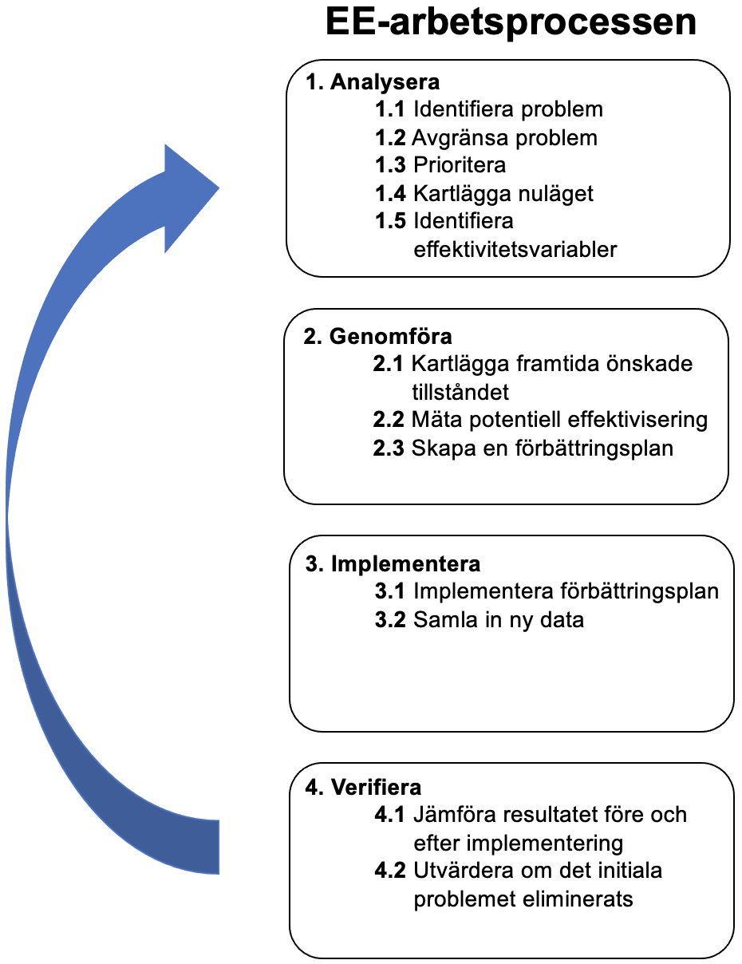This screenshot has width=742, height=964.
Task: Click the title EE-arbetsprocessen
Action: (511, 22)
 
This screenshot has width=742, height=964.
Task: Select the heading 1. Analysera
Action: (373, 82)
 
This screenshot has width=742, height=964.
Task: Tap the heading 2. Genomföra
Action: (377, 336)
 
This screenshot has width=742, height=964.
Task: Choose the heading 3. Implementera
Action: (393, 564)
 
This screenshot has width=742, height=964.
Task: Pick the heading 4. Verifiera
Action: (364, 788)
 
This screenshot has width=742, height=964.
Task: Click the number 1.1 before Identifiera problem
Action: (390, 109)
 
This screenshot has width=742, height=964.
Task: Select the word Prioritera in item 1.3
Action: (460, 165)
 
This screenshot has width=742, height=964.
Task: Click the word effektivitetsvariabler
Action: (515, 249)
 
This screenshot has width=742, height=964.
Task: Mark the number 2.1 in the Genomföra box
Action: (389, 364)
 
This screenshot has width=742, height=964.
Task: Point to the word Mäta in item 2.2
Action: (436, 420)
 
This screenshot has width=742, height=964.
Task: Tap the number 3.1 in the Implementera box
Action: (390, 591)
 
